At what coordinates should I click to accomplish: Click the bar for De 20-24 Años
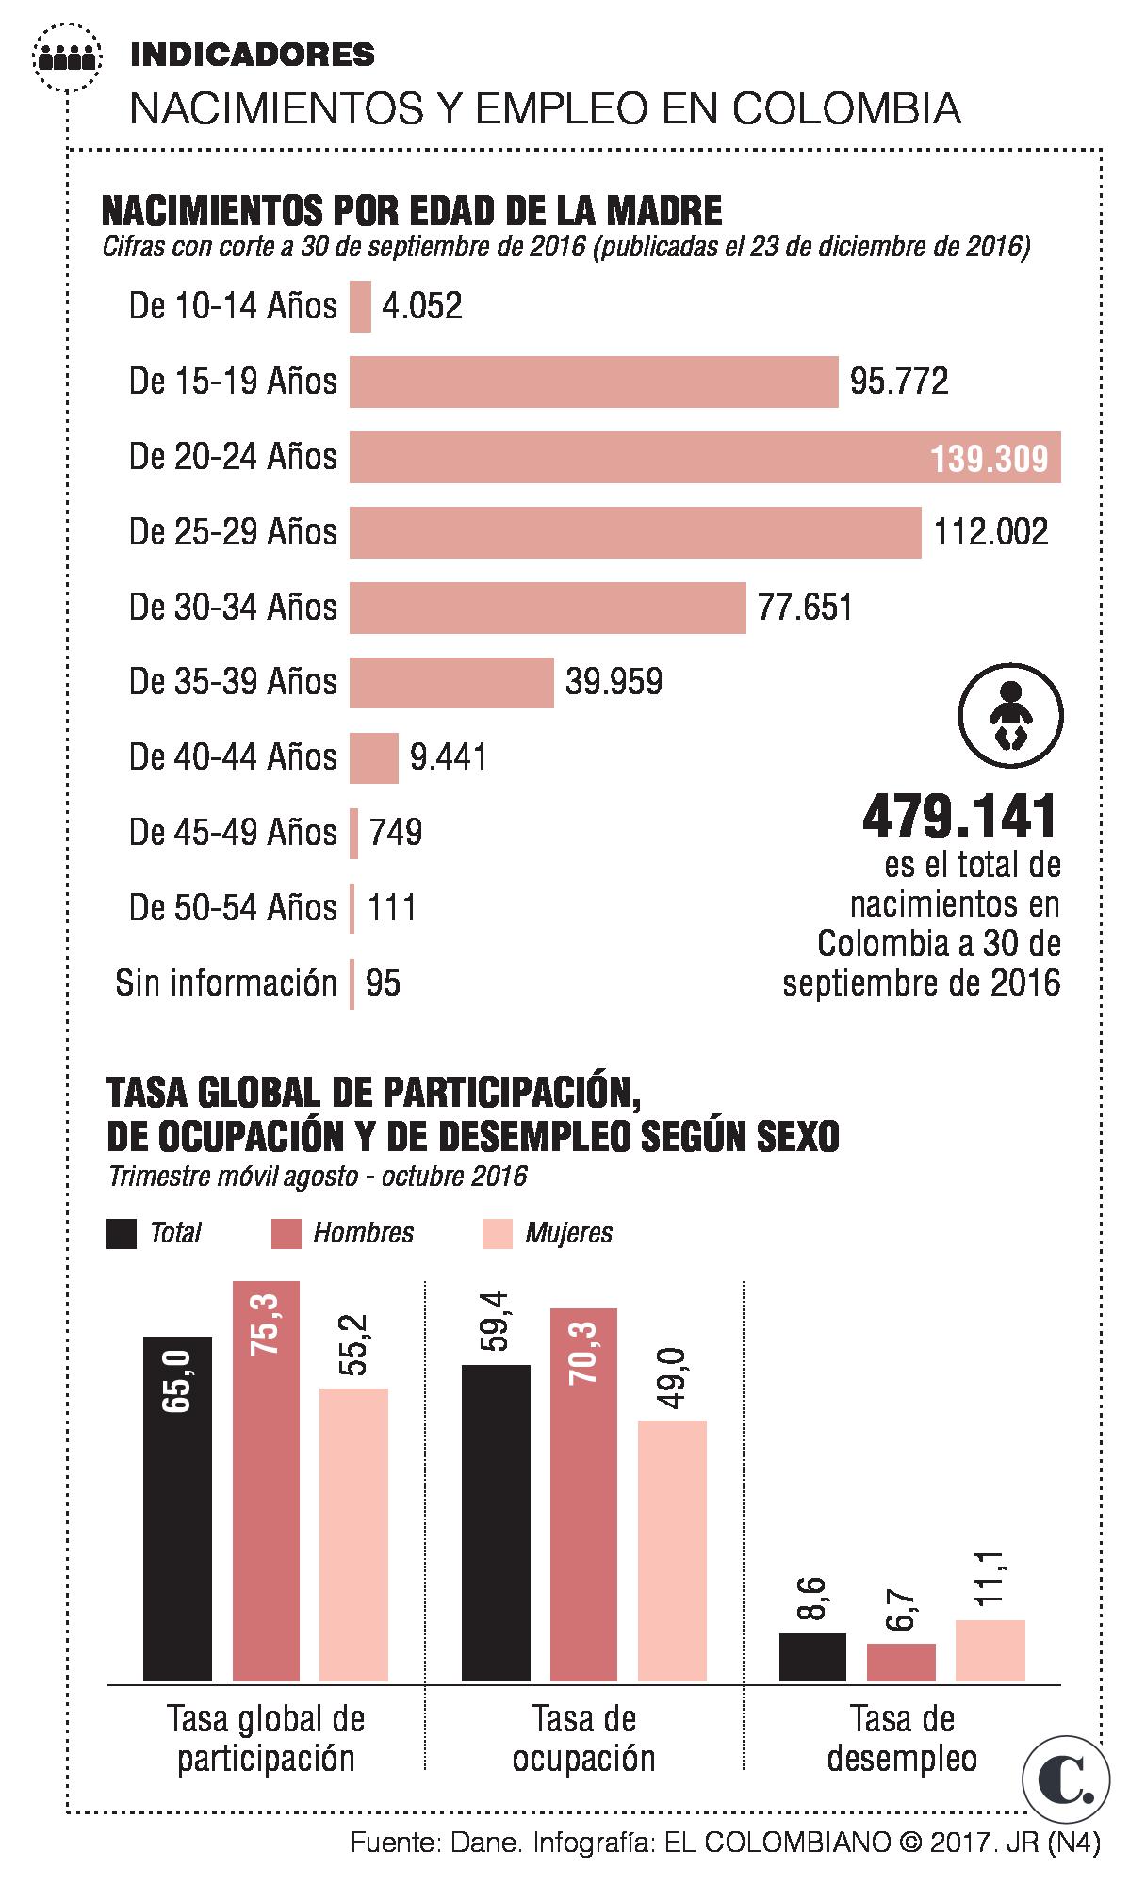click(705, 457)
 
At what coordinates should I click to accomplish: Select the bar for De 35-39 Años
click(451, 682)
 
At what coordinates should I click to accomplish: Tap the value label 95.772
click(899, 382)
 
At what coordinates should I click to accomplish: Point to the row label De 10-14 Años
click(233, 306)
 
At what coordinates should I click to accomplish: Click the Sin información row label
click(226, 983)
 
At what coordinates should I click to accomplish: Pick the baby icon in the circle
click(1010, 716)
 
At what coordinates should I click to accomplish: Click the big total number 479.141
click(960, 817)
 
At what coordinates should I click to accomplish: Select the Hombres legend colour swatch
click(286, 1233)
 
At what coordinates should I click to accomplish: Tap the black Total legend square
click(122, 1233)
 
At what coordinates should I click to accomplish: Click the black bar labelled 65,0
click(177, 1507)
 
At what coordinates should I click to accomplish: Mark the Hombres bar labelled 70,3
click(584, 1493)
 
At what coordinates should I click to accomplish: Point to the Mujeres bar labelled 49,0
click(672, 1550)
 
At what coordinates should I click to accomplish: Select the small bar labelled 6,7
click(901, 1662)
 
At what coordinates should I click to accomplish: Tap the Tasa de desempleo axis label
click(902, 1738)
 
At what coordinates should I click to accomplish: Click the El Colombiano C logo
click(1066, 1778)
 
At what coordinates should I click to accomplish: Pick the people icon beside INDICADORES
click(66, 58)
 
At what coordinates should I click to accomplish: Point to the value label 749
click(396, 833)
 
